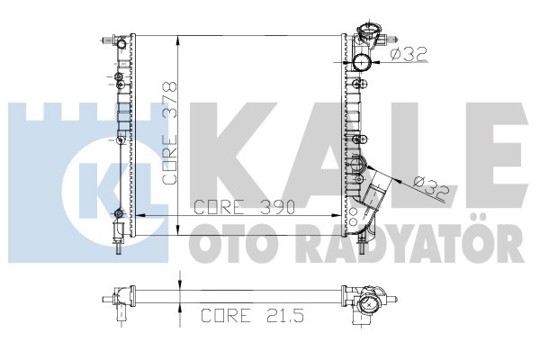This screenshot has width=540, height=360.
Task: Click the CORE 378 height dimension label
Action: point(170,133)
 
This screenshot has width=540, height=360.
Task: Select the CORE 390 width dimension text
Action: point(245,207)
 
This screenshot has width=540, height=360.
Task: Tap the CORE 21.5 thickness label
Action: point(252,315)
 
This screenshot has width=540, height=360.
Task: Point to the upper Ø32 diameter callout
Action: point(409,54)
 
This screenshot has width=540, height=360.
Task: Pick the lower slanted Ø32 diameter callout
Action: point(431,189)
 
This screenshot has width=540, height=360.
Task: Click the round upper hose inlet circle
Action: point(361,63)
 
